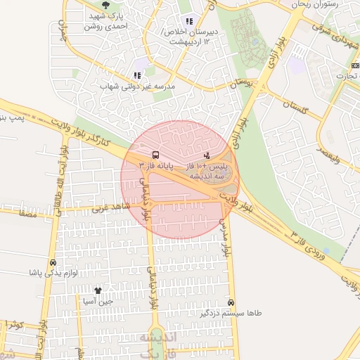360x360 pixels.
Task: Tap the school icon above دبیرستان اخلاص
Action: tap(188, 21)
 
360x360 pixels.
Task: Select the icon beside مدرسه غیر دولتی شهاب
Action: tap(137, 75)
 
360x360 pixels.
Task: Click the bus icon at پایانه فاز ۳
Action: tap(155, 155)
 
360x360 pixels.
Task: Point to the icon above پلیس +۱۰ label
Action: tap(206, 155)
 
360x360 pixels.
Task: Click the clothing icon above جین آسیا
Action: tap(98, 290)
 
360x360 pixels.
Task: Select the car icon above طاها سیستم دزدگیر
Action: tap(231, 302)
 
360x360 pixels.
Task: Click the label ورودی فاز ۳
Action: tap(310, 243)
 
